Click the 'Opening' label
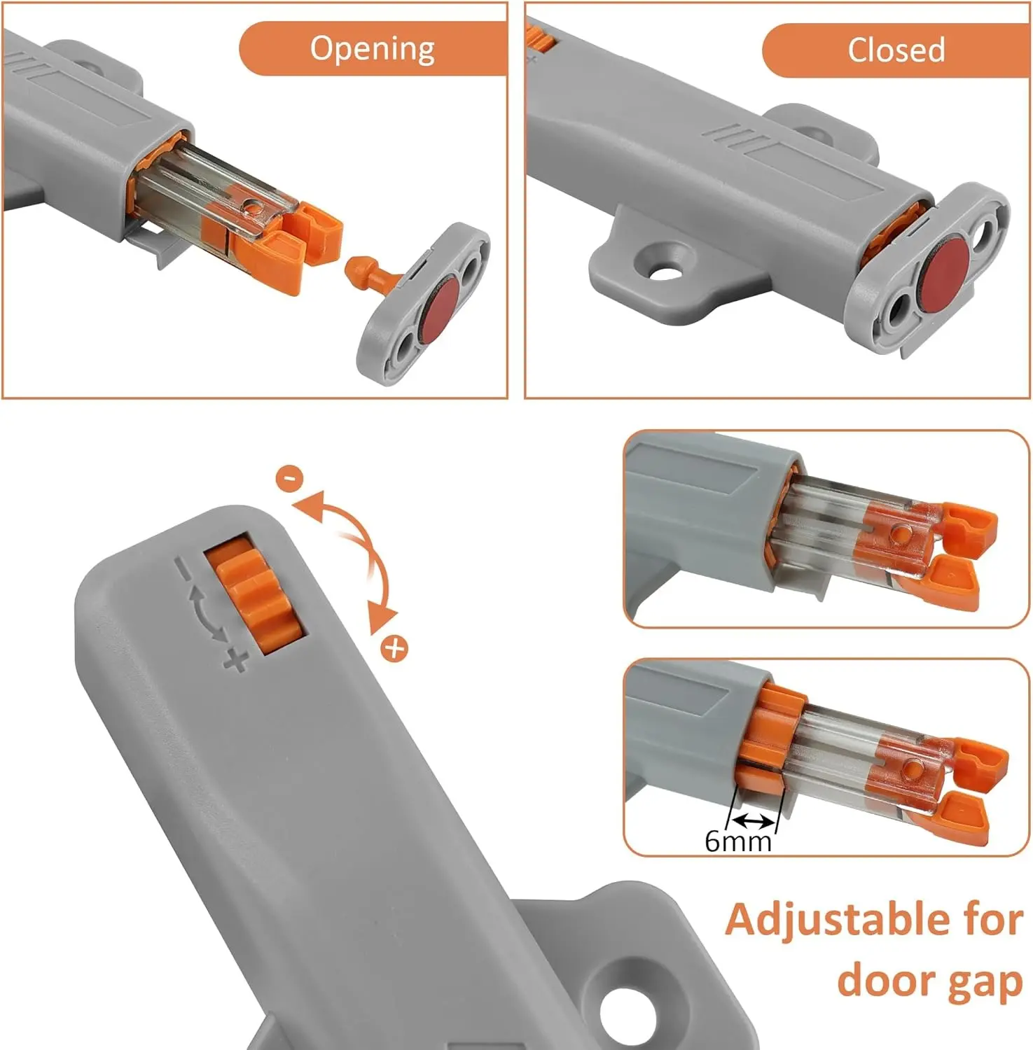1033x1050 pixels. (x=372, y=49)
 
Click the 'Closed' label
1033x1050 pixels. (x=896, y=50)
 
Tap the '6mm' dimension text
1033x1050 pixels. (x=737, y=840)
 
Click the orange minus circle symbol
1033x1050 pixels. (x=289, y=478)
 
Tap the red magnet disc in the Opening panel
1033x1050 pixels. (x=439, y=309)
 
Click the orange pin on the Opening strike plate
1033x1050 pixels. (x=365, y=271)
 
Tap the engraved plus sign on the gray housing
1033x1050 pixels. (x=236, y=659)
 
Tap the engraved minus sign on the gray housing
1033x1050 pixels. (x=183, y=568)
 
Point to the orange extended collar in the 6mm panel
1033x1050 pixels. (x=770, y=735)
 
